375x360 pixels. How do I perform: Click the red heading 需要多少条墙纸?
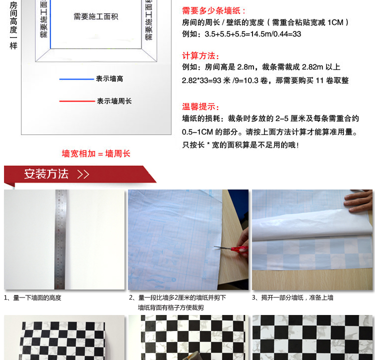point(214,10)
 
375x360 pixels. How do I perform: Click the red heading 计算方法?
point(201,55)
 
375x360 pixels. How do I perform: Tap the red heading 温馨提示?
point(201,106)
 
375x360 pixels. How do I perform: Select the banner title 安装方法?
point(46,174)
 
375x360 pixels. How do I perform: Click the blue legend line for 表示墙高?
point(76,79)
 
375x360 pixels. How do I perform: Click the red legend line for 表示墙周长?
point(76,101)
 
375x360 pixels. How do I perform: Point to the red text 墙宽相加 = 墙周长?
point(96,153)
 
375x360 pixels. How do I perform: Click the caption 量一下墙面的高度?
point(35,297)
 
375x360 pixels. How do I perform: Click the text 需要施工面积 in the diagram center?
point(96,16)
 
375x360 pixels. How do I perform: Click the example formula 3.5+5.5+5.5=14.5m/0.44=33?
point(242,34)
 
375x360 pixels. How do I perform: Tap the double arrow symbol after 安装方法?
point(83,174)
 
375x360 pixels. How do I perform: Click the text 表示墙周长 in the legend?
point(114,101)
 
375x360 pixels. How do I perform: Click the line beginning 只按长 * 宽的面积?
point(240,145)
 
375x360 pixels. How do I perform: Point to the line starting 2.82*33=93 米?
point(265,80)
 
